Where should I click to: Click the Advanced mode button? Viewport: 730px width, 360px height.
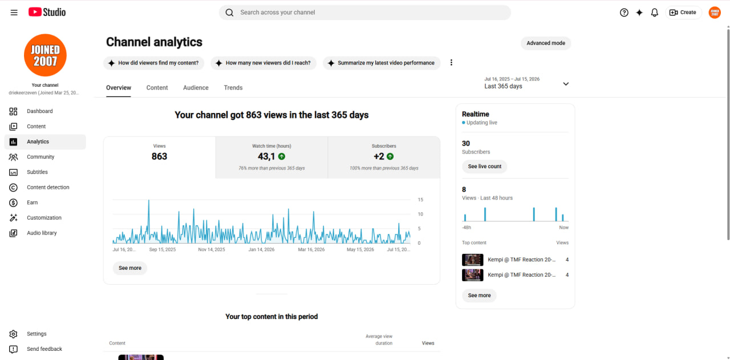pos(546,43)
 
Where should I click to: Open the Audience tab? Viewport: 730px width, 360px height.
pos(196,87)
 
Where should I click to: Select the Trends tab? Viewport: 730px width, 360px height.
pos(233,87)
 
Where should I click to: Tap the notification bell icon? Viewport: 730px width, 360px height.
pos(654,13)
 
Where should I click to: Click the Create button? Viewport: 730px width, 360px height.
pos(683,13)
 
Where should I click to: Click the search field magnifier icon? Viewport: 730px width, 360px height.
pos(229,13)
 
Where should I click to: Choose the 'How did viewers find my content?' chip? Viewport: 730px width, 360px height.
pos(153,63)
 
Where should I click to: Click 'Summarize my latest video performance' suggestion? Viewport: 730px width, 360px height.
pos(382,63)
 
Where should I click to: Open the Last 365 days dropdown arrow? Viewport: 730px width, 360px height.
pos(566,84)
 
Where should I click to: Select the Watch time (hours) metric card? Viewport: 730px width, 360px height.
pos(271,157)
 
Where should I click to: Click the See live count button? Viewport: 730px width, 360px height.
pos(485,166)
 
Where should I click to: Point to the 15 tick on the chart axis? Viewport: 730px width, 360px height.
pos(420,200)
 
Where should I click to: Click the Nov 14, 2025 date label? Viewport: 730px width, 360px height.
pos(212,249)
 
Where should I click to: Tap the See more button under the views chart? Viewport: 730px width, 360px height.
pos(129,268)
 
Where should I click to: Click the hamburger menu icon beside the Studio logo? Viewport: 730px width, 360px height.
pos(14,13)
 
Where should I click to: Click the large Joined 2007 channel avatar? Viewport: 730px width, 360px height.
pos(45,55)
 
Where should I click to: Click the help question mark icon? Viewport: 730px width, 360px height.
pos(624,13)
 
